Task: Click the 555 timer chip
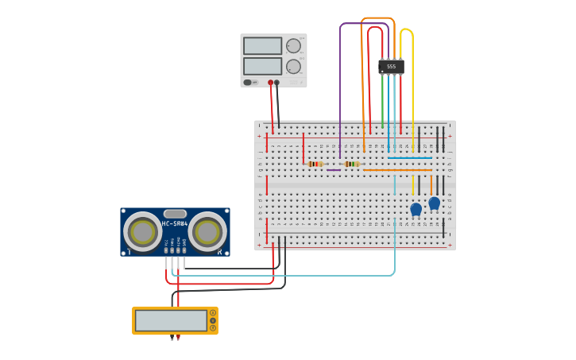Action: [391, 67]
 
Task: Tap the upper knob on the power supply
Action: [293, 46]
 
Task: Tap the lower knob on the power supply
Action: [293, 66]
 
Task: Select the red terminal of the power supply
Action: [270, 82]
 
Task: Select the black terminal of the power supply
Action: [277, 82]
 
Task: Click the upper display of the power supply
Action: [262, 46]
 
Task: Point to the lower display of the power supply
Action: [262, 66]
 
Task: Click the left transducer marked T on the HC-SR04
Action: [143, 232]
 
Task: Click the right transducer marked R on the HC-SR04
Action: [207, 232]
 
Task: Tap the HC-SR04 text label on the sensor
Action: [175, 223]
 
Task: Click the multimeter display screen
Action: [171, 320]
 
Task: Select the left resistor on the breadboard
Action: [315, 164]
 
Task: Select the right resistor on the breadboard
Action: [351, 164]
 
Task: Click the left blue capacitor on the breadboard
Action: [416, 209]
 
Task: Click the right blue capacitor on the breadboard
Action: [434, 203]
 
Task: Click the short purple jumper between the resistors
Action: [334, 169]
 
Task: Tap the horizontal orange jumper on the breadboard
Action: [397, 169]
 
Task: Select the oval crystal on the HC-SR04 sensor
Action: [175, 213]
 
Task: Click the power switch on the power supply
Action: [248, 82]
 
